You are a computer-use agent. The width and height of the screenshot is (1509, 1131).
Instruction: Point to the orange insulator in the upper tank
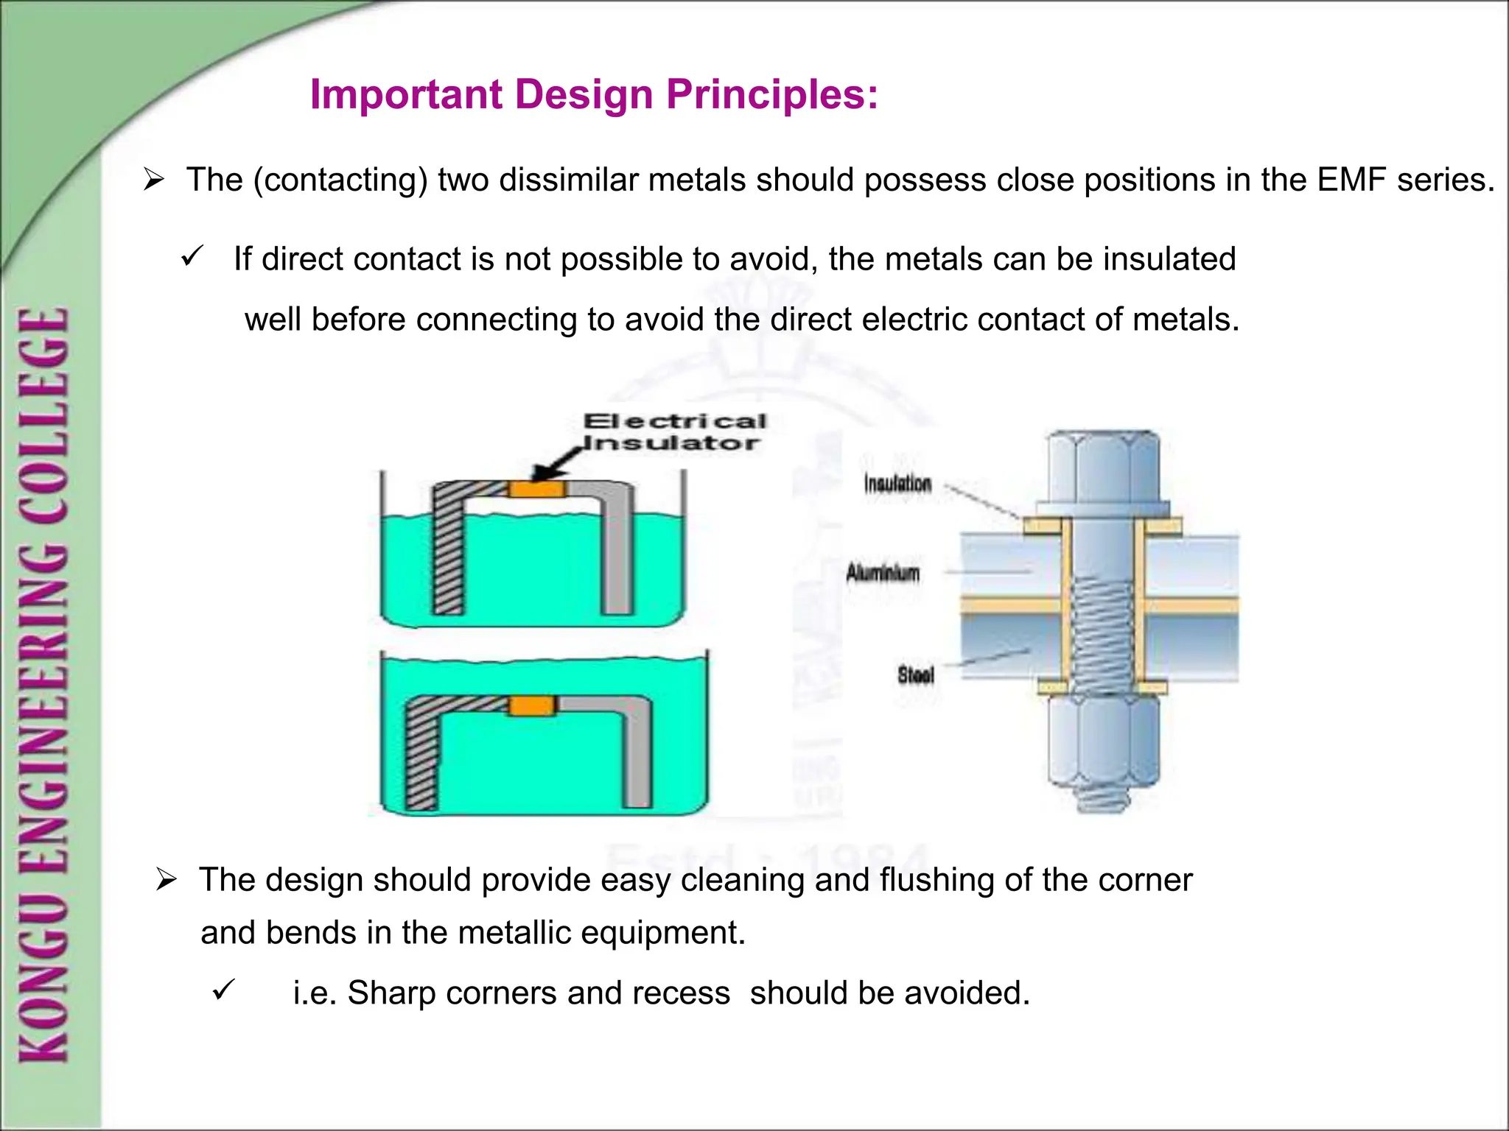coord(537,490)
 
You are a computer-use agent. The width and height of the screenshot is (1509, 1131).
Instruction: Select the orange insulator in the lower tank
coord(532,705)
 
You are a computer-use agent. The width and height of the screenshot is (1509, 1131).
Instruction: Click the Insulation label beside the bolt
coord(897,484)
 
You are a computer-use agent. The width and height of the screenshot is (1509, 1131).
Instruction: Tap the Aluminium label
coord(883,572)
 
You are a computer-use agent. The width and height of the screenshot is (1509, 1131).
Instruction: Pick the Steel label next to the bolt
coord(916,674)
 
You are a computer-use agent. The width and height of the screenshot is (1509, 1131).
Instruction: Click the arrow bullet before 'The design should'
coord(167,879)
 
